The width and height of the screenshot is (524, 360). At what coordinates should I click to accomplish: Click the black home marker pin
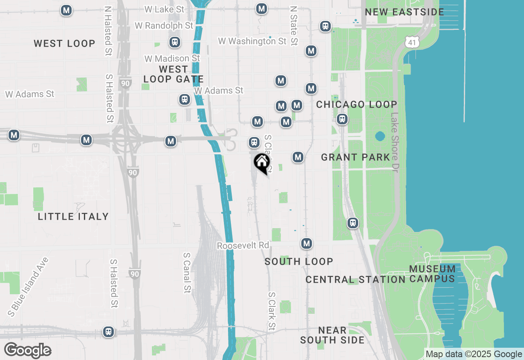point(262,163)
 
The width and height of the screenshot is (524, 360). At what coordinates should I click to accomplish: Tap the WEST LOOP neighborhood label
point(64,43)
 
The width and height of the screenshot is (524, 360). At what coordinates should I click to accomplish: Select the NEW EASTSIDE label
point(404,12)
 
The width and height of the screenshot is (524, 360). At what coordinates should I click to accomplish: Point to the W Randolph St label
point(164,26)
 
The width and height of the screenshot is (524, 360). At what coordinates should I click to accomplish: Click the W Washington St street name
point(252,41)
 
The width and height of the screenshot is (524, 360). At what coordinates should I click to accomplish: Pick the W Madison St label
point(172,59)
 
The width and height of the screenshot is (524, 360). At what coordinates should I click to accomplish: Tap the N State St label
point(294,25)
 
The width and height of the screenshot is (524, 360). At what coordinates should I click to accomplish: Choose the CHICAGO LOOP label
point(357,104)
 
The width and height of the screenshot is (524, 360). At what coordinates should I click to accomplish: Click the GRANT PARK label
point(355,157)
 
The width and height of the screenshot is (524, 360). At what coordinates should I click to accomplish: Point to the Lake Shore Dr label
point(395,142)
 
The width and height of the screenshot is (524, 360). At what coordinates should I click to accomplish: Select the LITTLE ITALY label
point(73,216)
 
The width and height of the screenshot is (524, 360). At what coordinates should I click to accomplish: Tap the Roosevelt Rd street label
point(243,245)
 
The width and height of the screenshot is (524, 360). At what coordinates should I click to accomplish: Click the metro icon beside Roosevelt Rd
point(307,243)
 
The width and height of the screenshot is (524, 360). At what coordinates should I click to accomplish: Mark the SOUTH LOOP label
point(299,261)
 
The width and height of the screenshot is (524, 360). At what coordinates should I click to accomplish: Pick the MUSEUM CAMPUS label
point(432,274)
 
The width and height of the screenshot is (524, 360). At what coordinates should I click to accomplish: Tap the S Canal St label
point(187,272)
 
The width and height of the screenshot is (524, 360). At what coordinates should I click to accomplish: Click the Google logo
point(27,351)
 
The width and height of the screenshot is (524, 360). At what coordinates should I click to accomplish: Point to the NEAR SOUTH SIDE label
point(332,335)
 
